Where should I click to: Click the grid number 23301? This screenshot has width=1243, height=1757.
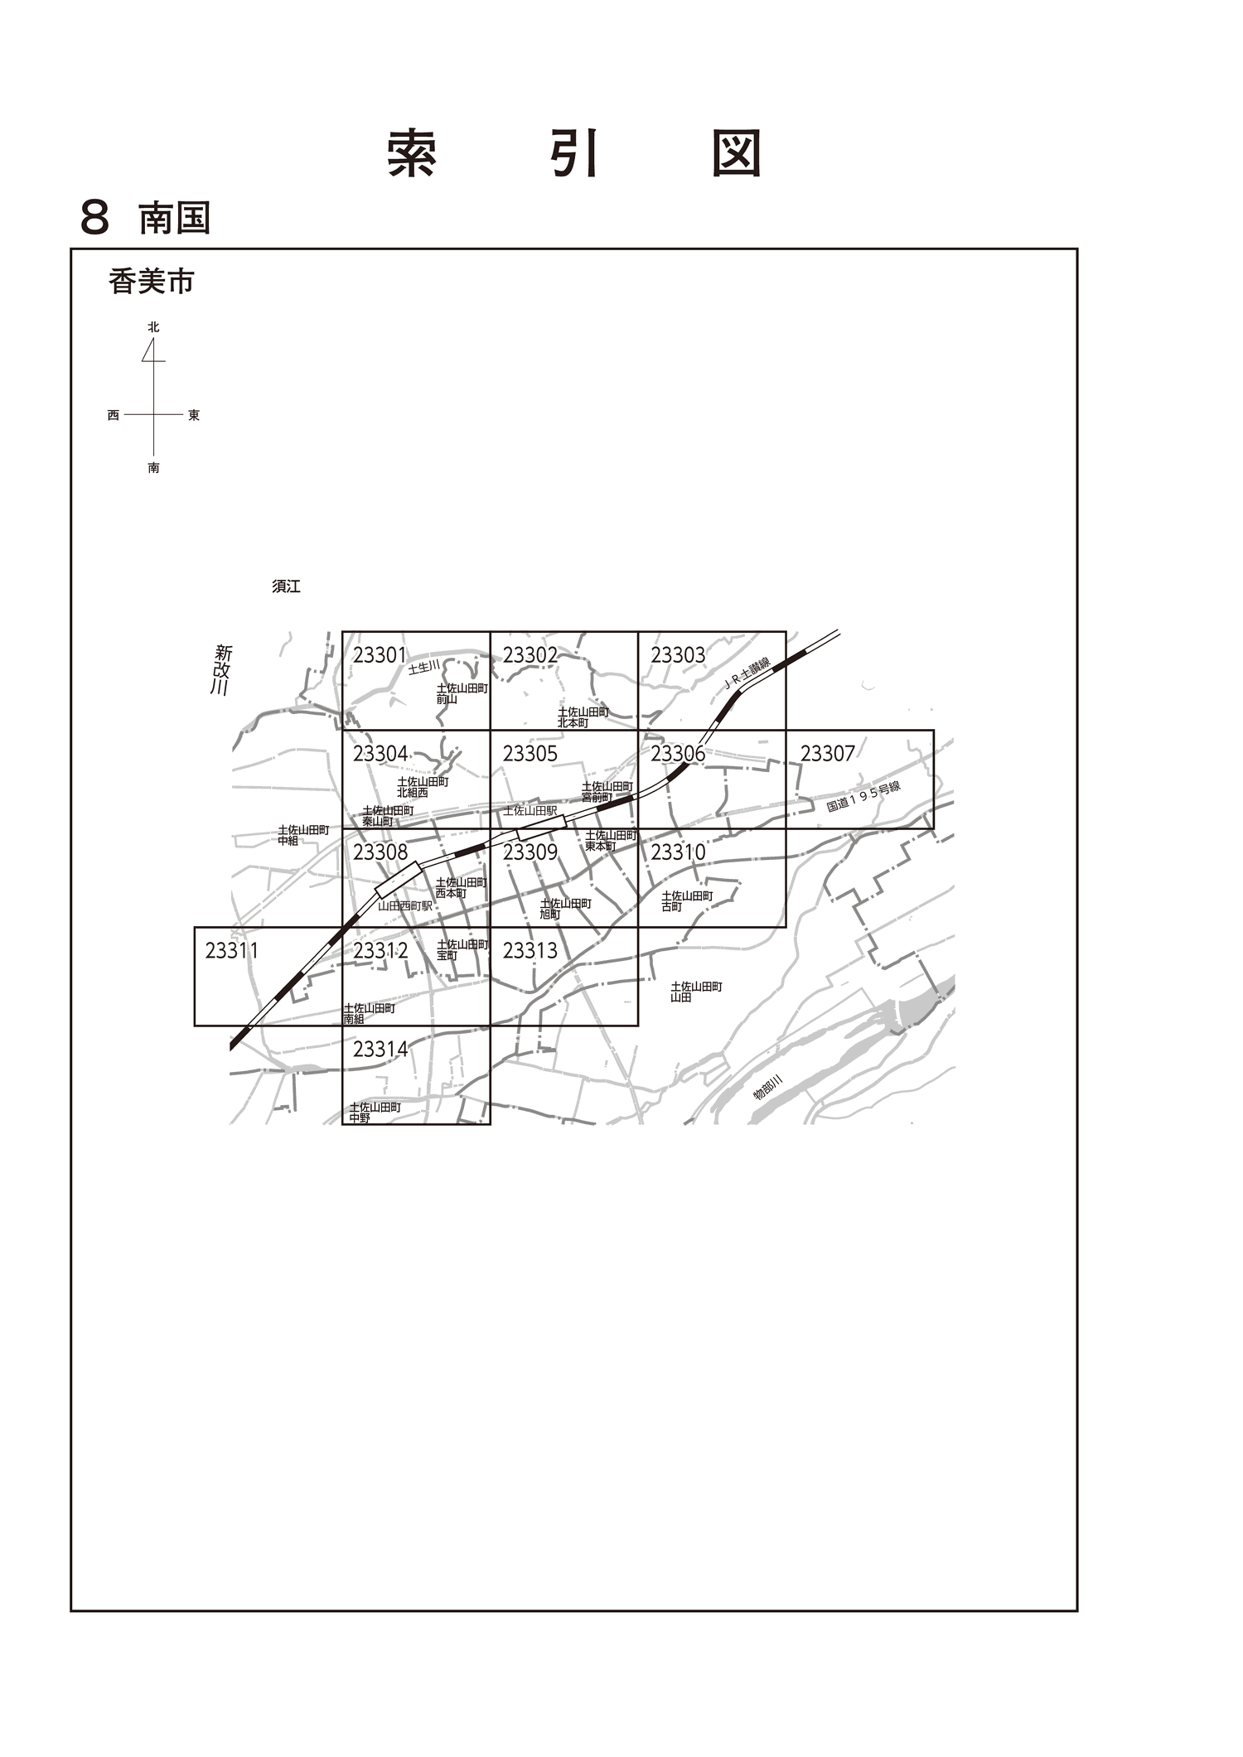[380, 655]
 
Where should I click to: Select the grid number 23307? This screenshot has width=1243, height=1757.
[827, 754]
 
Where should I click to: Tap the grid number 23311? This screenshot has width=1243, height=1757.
[231, 951]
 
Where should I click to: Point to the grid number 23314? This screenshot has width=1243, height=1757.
[380, 1050]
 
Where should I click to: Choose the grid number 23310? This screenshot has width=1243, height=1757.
[678, 852]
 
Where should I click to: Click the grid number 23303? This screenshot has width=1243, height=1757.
[678, 655]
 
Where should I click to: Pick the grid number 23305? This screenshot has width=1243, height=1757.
[530, 754]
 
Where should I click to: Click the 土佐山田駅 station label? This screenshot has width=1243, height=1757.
[530, 811]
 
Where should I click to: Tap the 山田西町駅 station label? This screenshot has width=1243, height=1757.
[405, 905]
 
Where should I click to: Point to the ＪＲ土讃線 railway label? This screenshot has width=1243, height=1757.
[747, 673]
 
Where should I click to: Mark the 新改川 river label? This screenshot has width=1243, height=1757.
[220, 669]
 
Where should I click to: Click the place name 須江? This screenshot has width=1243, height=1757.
[286, 586]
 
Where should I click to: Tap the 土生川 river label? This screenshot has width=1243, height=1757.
[423, 667]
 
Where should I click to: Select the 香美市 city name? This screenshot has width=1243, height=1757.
[151, 282]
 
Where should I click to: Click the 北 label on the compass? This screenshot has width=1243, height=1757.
[153, 327]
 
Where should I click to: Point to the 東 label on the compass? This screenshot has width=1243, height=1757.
[194, 415]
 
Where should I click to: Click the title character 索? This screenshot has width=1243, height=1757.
[412, 153]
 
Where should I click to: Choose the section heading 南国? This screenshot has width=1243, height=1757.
[174, 219]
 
